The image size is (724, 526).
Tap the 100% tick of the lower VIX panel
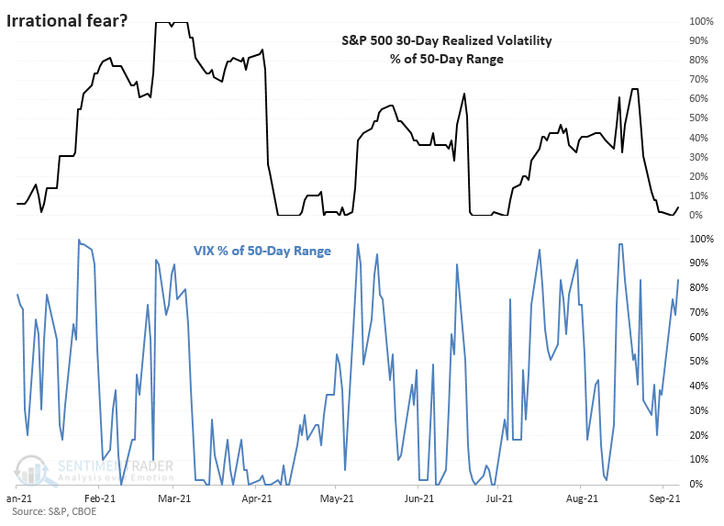tap(701, 239)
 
